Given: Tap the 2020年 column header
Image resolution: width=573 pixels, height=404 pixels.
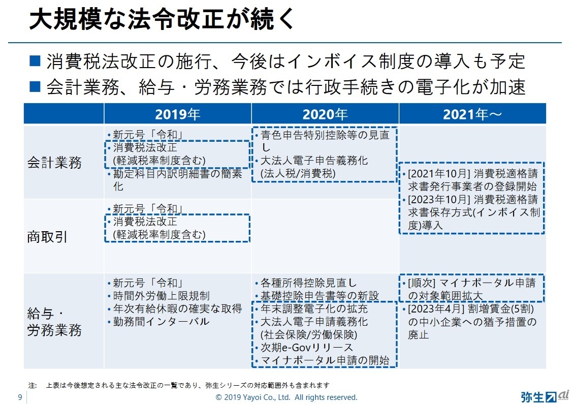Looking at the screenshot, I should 325,114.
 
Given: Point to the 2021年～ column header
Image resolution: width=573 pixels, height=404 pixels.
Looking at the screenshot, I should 472,114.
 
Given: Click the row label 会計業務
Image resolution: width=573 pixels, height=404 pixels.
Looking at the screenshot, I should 54,163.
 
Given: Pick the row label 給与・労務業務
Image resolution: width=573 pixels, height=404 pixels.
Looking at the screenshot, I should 54,322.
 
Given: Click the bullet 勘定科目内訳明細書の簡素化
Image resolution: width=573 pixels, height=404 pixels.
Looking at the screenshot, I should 177,180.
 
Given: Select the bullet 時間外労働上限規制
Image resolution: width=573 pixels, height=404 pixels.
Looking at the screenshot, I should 161,296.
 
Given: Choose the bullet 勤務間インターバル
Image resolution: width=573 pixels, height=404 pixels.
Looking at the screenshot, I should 161,322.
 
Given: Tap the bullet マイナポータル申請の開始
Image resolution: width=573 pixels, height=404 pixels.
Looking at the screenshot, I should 325,361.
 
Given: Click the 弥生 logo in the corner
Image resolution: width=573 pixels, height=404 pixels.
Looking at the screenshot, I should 540,396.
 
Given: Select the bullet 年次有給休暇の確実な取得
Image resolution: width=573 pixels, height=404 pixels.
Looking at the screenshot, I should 177,309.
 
